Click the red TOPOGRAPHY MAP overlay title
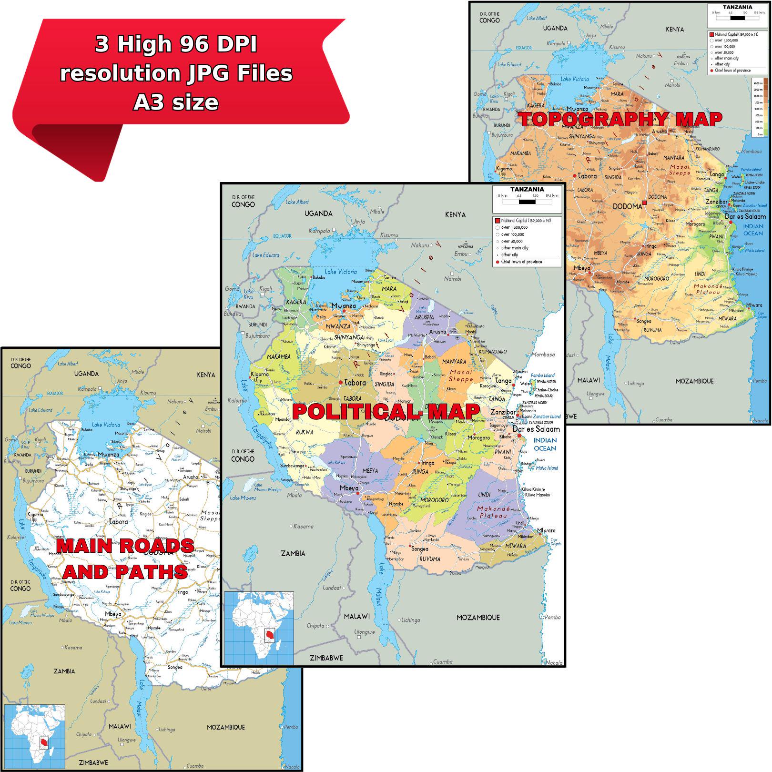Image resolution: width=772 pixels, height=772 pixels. click(x=620, y=119)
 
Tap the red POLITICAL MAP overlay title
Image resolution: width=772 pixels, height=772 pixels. click(x=386, y=412)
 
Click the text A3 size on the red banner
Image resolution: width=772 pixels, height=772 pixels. click(x=176, y=102)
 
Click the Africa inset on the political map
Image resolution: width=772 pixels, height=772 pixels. click(x=259, y=628)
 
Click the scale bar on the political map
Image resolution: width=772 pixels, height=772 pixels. click(x=527, y=202)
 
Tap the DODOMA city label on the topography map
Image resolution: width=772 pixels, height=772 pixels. click(x=627, y=206)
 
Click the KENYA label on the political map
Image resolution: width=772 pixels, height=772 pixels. click(x=455, y=215)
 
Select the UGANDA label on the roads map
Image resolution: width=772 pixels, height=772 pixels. click(x=86, y=374)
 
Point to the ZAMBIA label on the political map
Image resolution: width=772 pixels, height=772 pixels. click(x=293, y=553)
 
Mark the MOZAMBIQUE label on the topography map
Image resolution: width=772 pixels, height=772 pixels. click(x=694, y=381)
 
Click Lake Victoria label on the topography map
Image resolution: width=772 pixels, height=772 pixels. click(x=574, y=79)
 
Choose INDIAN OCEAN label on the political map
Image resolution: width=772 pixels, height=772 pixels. click(x=545, y=444)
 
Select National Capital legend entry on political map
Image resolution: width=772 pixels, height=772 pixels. click(x=522, y=221)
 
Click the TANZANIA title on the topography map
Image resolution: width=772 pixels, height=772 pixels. click(x=737, y=7)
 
